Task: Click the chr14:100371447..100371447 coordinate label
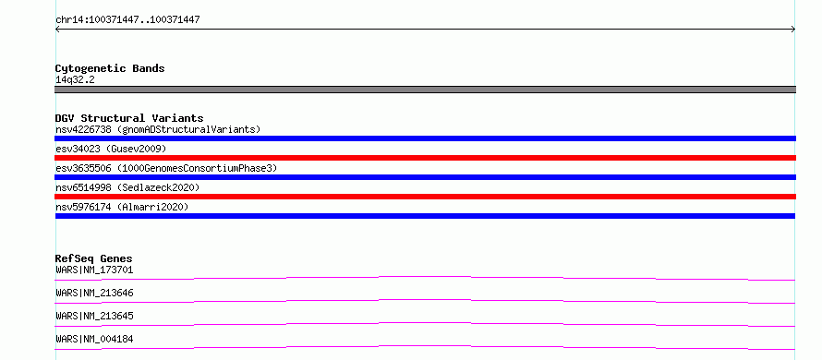point(127,20)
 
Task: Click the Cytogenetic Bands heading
point(110,68)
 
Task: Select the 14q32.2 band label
point(75,80)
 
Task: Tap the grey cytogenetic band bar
point(425,90)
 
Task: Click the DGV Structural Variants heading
point(129,118)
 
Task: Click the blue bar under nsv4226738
point(425,138)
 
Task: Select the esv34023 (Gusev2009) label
point(111,149)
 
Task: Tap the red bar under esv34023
point(425,158)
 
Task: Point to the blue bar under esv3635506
point(425,177)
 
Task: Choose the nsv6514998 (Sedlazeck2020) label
point(127,187)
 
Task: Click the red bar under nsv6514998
point(425,197)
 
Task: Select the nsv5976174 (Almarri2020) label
point(122,207)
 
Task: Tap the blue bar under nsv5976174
point(425,216)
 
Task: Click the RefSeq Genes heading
point(93,258)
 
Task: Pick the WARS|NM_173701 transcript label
point(94,270)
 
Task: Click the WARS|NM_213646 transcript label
point(94,293)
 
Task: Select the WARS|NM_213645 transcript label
point(94,316)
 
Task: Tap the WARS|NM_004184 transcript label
point(94,339)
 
